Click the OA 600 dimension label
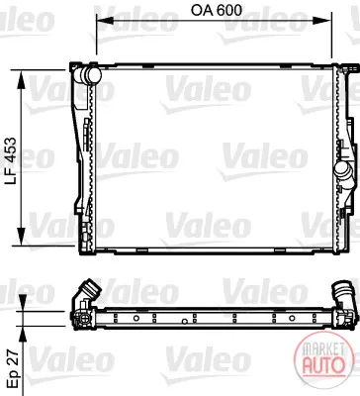tap(217, 10)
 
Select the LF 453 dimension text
tap(11, 160)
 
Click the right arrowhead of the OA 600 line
tap(323, 20)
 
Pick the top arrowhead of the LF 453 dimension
tap(22, 78)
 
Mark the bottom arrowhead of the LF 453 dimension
tap(22, 237)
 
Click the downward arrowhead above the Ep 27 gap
tap(23, 302)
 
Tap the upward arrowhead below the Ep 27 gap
tap(23, 336)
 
